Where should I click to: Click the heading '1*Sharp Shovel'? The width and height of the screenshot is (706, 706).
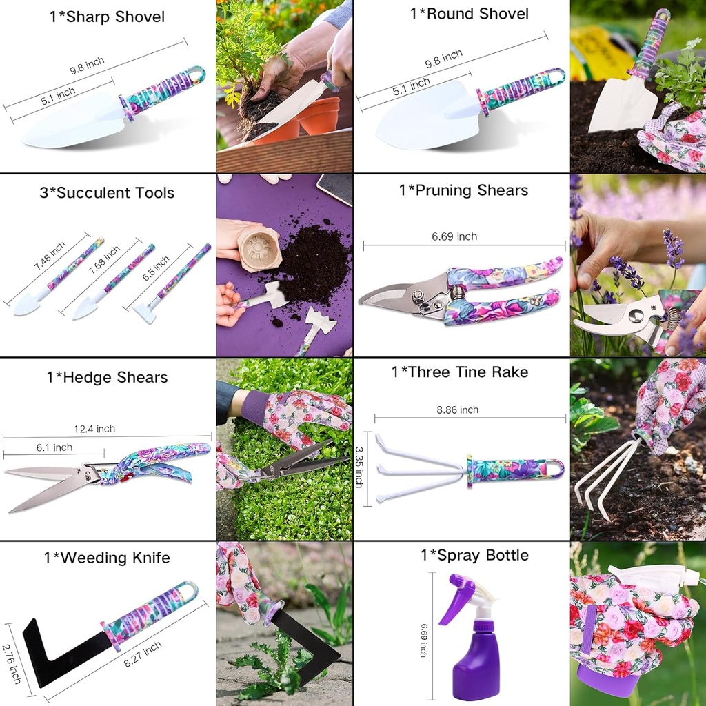click(107, 17)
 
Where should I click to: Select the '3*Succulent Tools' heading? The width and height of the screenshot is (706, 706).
click(107, 193)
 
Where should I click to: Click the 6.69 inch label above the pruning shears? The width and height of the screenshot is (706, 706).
click(454, 236)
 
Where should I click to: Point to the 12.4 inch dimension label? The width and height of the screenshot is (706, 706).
click(96, 429)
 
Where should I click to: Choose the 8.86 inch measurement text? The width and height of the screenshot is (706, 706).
click(458, 410)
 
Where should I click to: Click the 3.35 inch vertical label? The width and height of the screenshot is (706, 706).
click(359, 467)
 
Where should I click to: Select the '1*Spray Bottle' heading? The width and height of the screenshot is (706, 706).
click(474, 556)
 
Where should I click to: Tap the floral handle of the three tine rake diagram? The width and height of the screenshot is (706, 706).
click(514, 471)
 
